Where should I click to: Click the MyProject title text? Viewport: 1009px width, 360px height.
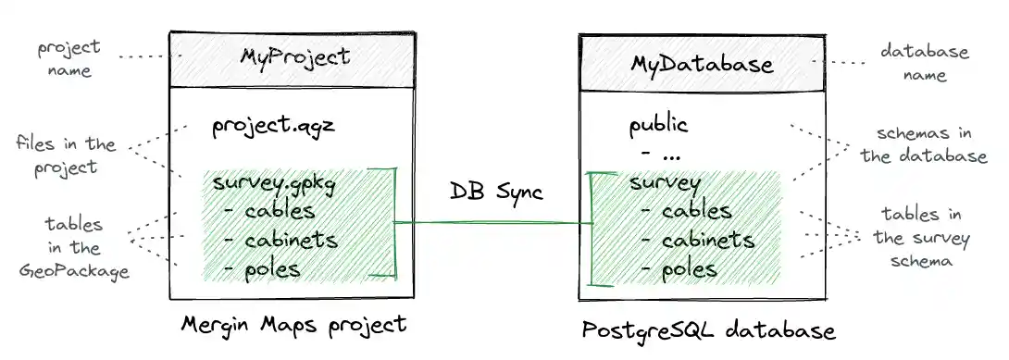[295, 57]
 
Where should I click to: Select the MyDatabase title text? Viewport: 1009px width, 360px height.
[702, 64]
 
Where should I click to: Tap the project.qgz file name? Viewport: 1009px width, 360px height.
[273, 126]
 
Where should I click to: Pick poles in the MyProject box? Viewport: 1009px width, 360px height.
[274, 269]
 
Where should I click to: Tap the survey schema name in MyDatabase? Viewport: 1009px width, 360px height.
[665, 181]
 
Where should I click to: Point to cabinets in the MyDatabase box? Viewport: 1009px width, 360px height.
[708, 241]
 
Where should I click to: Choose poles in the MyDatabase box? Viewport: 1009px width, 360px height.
[691, 269]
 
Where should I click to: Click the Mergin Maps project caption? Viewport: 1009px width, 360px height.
[293, 324]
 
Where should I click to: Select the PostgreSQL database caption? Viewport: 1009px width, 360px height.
[708, 330]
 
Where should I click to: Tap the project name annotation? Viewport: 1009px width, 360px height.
[69, 58]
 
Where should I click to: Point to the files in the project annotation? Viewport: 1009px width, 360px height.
[65, 156]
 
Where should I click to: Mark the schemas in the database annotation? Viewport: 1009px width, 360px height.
[924, 145]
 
